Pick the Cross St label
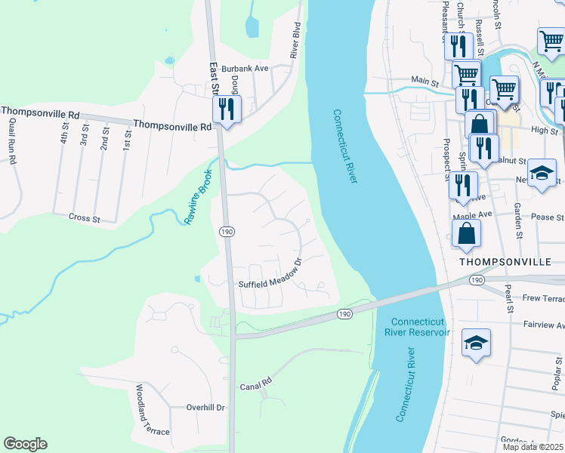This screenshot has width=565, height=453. click(85, 218)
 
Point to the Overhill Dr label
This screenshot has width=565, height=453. click(206, 407)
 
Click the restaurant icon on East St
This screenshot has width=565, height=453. click(227, 110)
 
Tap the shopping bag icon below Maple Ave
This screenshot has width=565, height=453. click(468, 236)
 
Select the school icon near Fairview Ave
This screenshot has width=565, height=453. click(476, 344)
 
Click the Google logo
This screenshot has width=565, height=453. click(25, 444)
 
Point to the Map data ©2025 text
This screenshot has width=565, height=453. click(533, 447)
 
